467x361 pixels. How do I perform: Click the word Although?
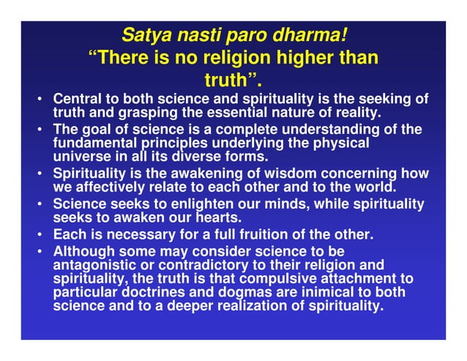tap(81, 251)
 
